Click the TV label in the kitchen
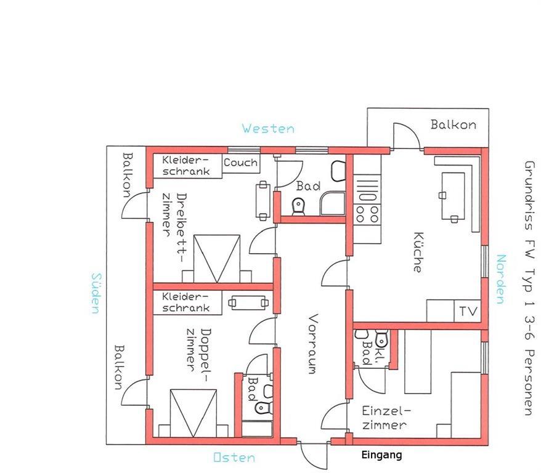coord(468,311)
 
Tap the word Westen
coord(268,129)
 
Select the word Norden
coord(501,279)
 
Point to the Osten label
coord(234,458)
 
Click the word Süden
coord(97,293)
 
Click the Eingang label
coord(381,455)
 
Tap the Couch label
coord(240,163)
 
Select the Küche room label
coord(418,252)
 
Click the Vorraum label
coord(312,344)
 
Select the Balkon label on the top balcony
coord(454,124)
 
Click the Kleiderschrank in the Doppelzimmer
coord(187,302)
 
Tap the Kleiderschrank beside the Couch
coord(187,166)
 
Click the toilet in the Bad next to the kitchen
coord(298,206)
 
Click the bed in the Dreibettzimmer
coord(217,259)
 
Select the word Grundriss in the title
coord(529,195)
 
